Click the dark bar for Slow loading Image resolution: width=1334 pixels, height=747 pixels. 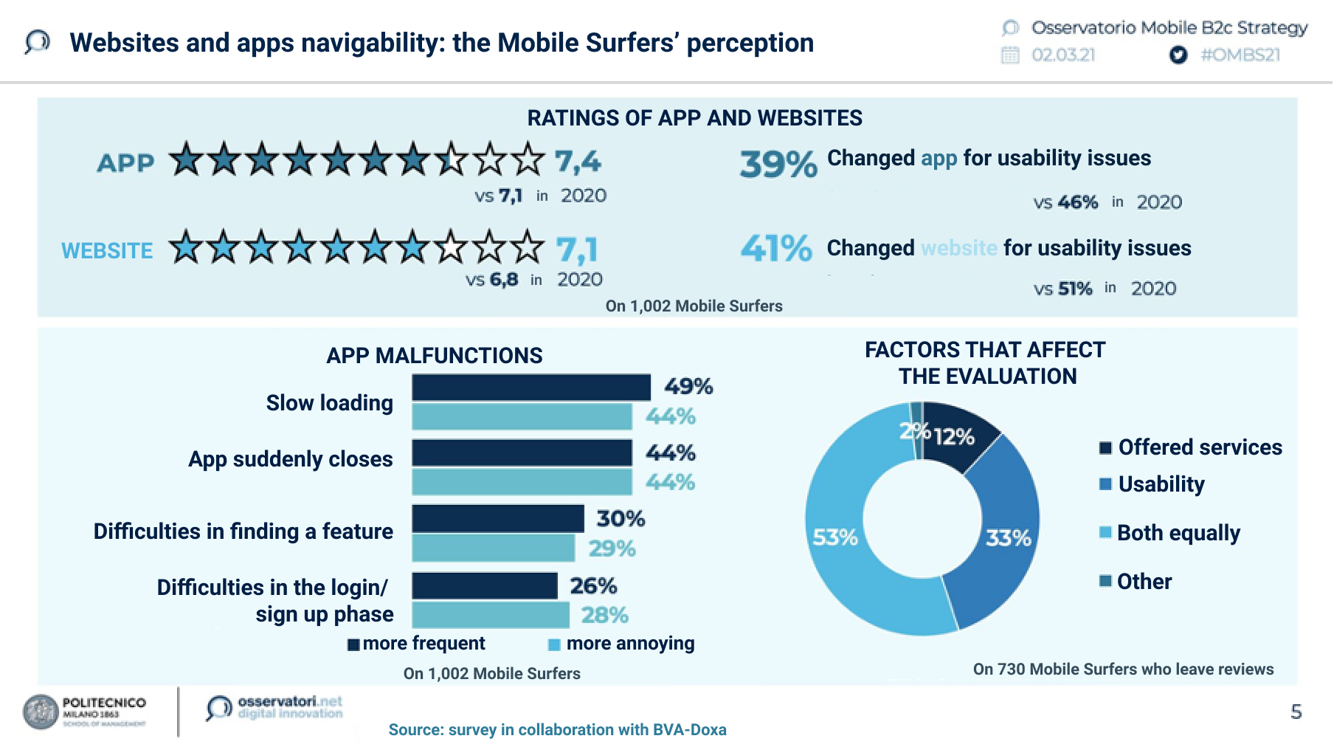[x=531, y=388]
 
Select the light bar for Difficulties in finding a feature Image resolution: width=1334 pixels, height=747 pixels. [x=493, y=548]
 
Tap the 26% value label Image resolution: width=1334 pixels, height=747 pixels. [x=593, y=586]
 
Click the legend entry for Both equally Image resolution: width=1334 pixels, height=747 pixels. [x=1178, y=533]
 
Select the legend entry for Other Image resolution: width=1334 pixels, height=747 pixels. [x=1144, y=582]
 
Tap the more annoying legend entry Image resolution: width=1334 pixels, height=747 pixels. [x=629, y=644]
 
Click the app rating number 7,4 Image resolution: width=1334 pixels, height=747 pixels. [x=578, y=161]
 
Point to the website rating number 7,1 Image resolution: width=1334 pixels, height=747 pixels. [x=577, y=249]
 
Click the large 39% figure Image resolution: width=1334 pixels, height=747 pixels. [x=778, y=164]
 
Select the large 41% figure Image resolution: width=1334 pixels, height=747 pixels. [x=776, y=249]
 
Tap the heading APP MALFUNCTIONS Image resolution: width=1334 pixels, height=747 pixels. [x=434, y=356]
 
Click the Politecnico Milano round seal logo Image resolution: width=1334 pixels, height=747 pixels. [x=41, y=712]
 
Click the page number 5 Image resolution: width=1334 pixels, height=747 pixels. [x=1296, y=712]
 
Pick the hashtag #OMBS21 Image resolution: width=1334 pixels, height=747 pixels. [x=1240, y=55]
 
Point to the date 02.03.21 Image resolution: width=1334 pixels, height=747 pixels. [x=1063, y=55]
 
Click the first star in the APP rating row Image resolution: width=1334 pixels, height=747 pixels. [x=186, y=159]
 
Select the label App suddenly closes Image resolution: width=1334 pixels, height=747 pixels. [x=291, y=459]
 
